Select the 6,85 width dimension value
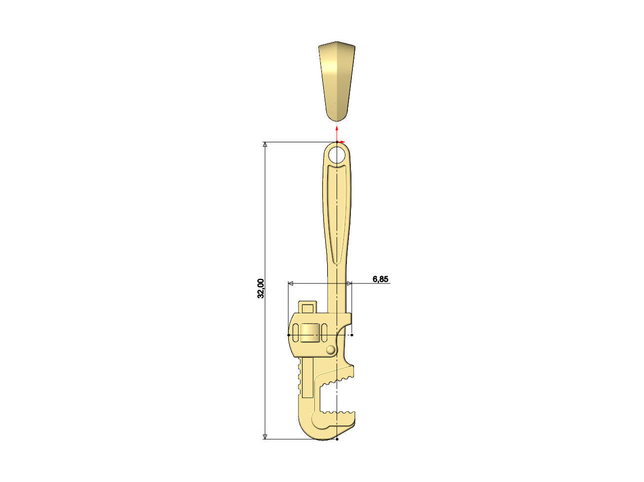[380, 279]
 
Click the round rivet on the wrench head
[331, 350]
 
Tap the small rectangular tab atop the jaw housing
[308, 307]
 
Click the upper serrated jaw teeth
[341, 379]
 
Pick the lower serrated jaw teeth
[341, 412]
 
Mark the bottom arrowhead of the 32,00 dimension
[265, 436]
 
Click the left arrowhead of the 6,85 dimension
[291, 283]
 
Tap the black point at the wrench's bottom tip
[337, 439]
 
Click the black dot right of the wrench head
[352, 335]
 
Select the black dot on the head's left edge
[289, 335]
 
